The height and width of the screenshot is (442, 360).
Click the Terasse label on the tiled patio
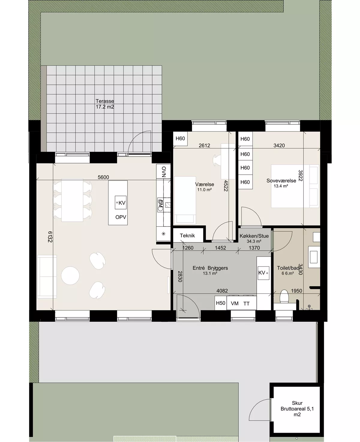click(105, 101)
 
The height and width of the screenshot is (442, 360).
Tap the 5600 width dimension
click(103, 177)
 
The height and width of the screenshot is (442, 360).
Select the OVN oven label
click(164, 172)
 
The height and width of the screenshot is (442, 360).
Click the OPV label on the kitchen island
click(121, 217)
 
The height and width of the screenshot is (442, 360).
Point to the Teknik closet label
click(187, 236)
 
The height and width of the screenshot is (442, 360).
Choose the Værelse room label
click(205, 184)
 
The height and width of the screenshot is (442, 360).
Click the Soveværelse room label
click(281, 181)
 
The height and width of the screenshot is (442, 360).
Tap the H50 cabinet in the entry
click(220, 303)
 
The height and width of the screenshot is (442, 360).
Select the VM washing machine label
click(235, 304)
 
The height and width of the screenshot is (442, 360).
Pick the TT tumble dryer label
click(246, 304)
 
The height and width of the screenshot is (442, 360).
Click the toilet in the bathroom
click(284, 297)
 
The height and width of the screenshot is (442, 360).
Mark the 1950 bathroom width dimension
click(296, 291)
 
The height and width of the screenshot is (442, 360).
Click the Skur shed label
click(297, 403)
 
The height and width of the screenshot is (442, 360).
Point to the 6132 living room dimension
click(50, 237)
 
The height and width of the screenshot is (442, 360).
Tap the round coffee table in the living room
click(70, 275)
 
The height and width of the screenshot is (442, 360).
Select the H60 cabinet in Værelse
click(180, 138)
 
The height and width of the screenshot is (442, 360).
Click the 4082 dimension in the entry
click(222, 291)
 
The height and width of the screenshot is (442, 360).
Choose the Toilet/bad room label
click(288, 268)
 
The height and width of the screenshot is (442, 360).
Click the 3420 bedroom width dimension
click(279, 146)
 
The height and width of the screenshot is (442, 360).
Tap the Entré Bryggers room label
click(210, 268)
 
